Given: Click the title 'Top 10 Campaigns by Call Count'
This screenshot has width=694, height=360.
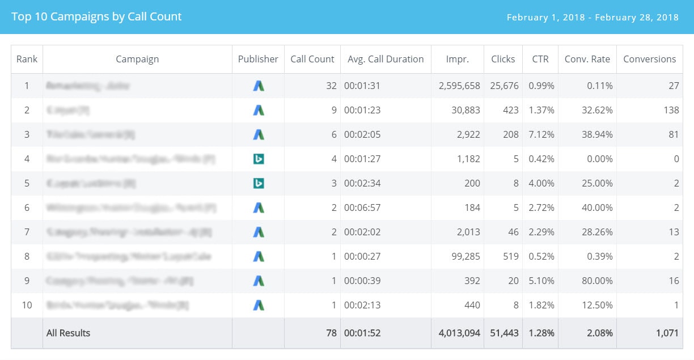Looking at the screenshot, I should coord(96,17).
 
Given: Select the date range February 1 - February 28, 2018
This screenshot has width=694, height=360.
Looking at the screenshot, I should coord(593,18).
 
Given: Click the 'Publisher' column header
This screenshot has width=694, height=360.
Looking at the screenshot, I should coord(258,59).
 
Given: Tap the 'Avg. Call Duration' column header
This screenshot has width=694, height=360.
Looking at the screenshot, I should coord(386,59).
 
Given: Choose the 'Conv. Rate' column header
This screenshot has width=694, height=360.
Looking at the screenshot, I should coord(587,59).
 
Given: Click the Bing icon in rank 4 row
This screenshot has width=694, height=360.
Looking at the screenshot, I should coord(259,159).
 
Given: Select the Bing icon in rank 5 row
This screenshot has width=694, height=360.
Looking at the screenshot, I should coord(259,184).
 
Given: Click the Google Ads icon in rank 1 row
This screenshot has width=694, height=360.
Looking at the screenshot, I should coord(259,86).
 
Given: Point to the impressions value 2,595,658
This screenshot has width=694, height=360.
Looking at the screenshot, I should coord(459,86).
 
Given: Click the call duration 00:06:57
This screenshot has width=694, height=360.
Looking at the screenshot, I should coord(362,208).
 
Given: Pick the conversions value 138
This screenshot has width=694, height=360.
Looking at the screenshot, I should coord(671,111).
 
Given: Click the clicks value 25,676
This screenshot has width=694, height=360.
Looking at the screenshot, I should coord(504,86).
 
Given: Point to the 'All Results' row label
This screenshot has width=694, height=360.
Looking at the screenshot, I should coord(68,333).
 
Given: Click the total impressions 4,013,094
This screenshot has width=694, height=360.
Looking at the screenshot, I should coord(459,333).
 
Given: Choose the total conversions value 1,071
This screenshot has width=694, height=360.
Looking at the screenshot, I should coord(667,333).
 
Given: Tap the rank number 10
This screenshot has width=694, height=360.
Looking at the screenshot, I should coord(27,306).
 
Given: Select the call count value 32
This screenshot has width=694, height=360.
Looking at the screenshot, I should coord(331,86).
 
